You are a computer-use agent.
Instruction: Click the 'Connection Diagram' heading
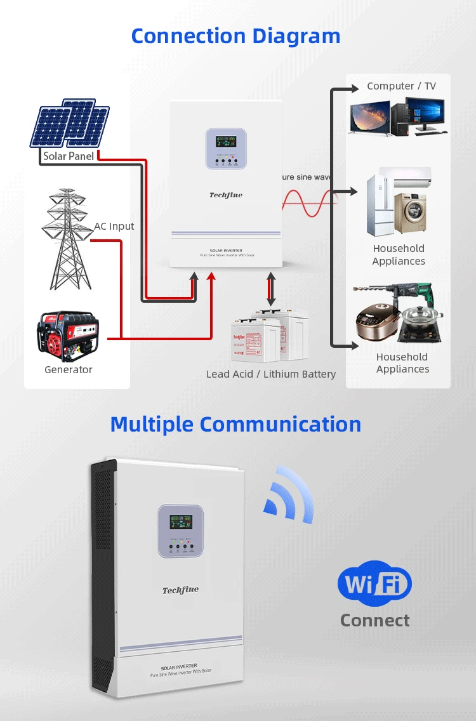click(x=235, y=36)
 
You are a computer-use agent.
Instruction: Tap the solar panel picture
click(x=70, y=123)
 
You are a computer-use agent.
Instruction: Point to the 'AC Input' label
click(x=114, y=226)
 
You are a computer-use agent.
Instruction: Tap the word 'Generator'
click(x=69, y=369)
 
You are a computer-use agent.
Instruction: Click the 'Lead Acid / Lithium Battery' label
click(x=271, y=374)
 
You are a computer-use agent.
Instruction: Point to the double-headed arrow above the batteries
click(x=271, y=289)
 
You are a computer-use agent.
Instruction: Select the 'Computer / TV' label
click(x=401, y=86)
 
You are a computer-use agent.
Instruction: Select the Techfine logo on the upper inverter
click(x=225, y=195)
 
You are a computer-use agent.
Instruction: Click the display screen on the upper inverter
click(x=225, y=141)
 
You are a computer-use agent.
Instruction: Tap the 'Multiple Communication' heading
click(x=235, y=424)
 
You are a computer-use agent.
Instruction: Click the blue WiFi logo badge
click(x=374, y=583)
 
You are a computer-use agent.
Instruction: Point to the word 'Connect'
click(x=374, y=620)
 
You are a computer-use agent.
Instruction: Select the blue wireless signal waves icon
click(x=289, y=495)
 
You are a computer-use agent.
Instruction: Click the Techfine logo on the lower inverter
click(x=180, y=590)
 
